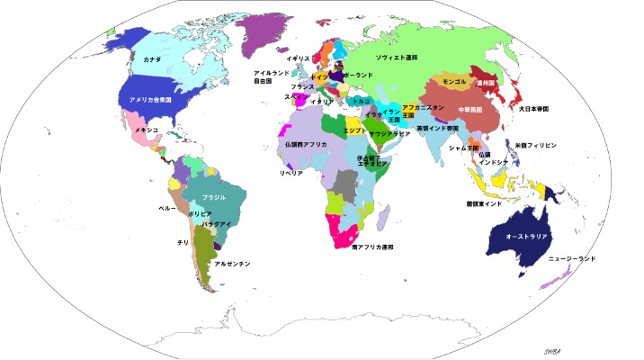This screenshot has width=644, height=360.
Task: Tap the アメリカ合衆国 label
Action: (x=150, y=99)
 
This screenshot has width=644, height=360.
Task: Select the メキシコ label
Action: (x=147, y=130)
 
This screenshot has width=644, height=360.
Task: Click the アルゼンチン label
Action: (x=232, y=264)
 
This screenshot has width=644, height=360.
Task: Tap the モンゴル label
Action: (x=455, y=82)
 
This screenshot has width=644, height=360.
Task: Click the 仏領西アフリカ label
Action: (x=306, y=144)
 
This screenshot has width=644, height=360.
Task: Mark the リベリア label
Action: (x=291, y=171)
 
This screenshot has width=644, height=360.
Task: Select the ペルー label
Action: (x=166, y=208)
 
